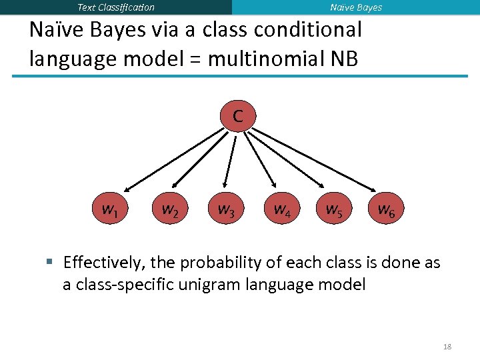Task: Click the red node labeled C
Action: [237, 116]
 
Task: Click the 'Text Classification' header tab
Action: [116, 7]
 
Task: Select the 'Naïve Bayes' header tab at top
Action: [356, 7]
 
